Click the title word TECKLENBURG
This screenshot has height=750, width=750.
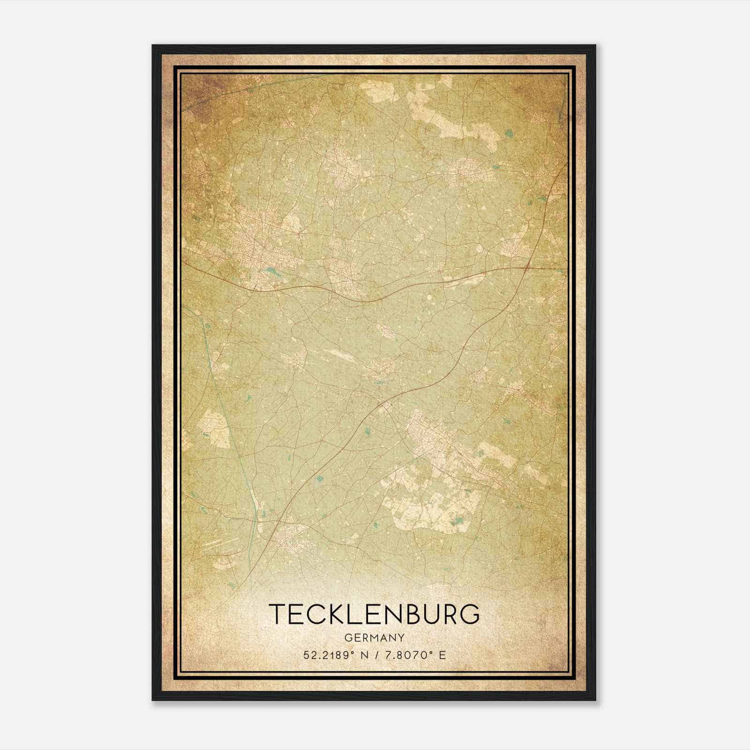374,614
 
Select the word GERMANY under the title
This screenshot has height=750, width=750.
374,637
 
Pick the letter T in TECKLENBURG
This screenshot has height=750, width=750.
277,614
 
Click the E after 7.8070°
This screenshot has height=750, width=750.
442,655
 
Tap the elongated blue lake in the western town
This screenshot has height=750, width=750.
270,270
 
